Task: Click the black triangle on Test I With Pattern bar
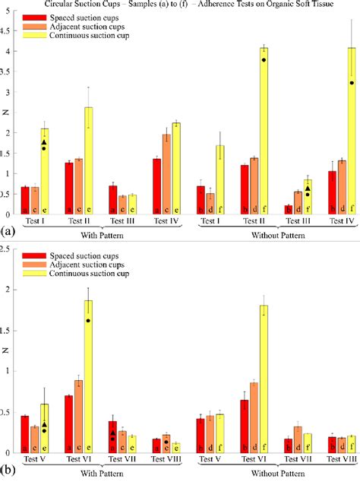44,142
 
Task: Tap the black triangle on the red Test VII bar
112,432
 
